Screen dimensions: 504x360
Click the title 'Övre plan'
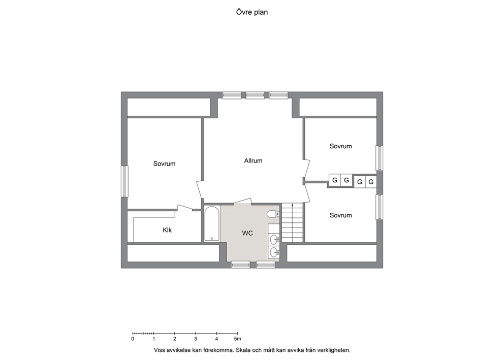[x=251, y=12]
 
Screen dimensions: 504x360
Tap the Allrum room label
[x=254, y=160]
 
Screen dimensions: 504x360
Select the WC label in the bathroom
[x=247, y=233]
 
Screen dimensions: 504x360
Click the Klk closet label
[x=167, y=230]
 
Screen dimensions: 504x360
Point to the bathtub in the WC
[x=212, y=223]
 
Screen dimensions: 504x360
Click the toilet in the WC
[x=273, y=214]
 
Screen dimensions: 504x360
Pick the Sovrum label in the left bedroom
[x=164, y=163]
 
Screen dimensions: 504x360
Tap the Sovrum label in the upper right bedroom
[x=341, y=146]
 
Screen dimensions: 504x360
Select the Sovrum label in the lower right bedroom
[x=341, y=215]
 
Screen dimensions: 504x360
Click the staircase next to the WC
[x=293, y=222]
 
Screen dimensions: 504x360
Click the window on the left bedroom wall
[x=124, y=181]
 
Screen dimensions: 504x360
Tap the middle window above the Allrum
[x=255, y=95]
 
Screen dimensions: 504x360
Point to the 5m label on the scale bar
[x=238, y=339]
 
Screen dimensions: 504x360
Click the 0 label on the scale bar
[x=133, y=339]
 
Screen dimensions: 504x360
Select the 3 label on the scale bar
[x=196, y=339]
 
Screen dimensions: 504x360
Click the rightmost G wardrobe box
[x=371, y=182]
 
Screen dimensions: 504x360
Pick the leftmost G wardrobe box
[x=335, y=180]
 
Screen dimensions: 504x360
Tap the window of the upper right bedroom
[x=380, y=158]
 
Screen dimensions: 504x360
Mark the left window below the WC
[x=241, y=265]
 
